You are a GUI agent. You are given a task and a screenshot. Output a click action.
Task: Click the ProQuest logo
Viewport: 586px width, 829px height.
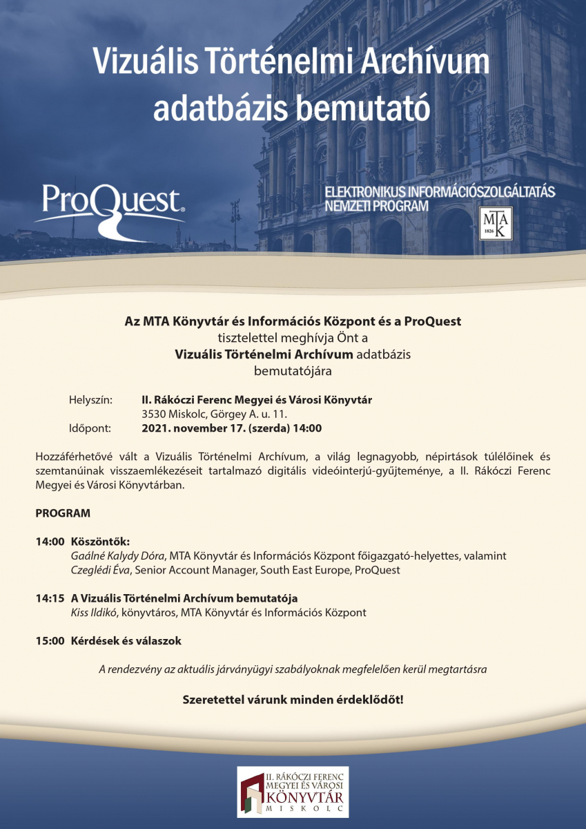point(110,207)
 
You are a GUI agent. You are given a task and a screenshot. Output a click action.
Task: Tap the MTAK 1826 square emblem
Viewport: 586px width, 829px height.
point(496,223)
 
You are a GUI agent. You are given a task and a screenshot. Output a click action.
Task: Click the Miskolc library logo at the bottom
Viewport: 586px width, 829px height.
point(293,792)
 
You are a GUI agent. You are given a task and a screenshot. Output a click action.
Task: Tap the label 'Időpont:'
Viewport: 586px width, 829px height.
point(90,428)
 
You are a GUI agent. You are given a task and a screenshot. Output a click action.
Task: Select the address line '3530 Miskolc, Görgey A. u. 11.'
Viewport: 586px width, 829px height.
point(214,414)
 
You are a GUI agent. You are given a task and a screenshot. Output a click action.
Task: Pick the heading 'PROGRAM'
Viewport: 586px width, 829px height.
point(63,514)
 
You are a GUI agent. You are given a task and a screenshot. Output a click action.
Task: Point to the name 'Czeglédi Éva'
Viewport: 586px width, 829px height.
point(101,570)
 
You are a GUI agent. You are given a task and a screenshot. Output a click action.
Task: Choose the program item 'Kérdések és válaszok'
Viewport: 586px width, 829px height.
point(126,641)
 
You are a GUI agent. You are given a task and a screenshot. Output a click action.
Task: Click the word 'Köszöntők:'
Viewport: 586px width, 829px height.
point(101,541)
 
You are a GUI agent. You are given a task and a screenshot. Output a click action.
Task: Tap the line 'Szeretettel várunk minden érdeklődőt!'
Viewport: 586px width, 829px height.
point(293,699)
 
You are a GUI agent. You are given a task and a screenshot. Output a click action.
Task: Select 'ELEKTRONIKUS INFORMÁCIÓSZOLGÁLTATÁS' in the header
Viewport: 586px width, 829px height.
point(440,190)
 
